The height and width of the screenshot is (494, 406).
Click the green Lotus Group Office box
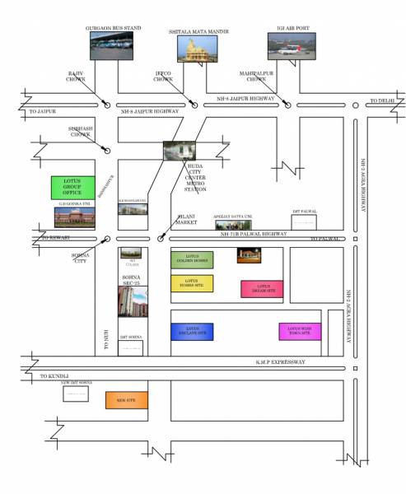73,188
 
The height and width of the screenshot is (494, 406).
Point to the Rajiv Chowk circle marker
107,105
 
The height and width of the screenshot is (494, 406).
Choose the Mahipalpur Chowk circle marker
287,105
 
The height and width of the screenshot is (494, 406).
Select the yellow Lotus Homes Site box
192,283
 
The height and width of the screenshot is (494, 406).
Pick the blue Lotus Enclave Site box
192,332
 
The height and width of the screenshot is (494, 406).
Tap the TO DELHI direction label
382,100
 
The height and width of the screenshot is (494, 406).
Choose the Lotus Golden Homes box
192,259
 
